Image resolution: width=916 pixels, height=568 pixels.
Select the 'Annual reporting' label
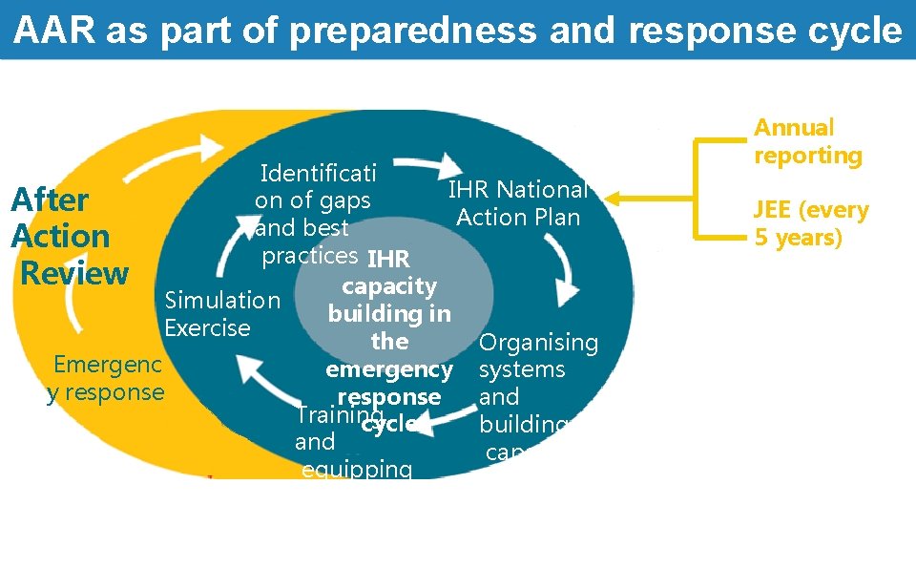tap(807, 141)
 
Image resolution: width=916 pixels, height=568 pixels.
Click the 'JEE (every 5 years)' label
tap(811, 223)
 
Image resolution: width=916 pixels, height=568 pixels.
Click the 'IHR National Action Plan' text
tap(518, 203)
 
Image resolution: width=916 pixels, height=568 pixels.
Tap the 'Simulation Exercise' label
tap(222, 314)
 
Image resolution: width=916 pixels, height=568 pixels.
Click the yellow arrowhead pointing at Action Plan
tap(614, 200)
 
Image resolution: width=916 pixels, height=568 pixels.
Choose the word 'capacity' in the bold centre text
tap(389, 286)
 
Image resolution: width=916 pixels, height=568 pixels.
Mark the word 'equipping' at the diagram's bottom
tap(356, 469)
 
